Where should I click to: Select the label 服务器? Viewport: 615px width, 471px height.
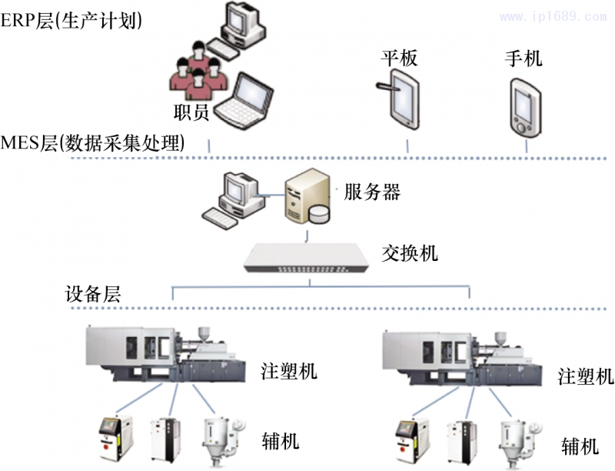pyautogui.click(x=372, y=192)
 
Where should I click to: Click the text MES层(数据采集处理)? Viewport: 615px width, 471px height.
pyautogui.click(x=93, y=143)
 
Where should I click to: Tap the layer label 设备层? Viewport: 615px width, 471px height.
pyautogui.click(x=92, y=294)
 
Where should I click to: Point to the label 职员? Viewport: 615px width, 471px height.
pyautogui.click(x=191, y=112)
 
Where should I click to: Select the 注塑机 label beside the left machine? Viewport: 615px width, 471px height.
pyautogui.click(x=288, y=372)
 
